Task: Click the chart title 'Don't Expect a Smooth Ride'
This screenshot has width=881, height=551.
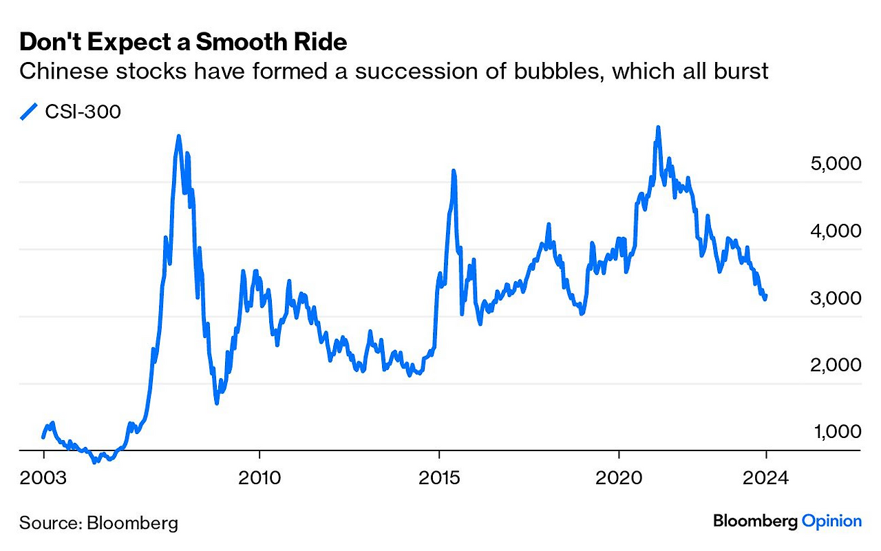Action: [183, 43]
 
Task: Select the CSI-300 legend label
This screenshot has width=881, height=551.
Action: [83, 112]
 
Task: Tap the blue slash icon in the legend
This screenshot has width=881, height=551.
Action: [29, 112]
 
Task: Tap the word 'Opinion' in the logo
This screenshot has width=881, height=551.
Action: [831, 521]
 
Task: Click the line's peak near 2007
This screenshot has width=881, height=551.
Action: [178, 136]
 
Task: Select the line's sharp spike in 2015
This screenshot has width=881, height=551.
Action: [454, 171]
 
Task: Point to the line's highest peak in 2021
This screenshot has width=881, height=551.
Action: [658, 128]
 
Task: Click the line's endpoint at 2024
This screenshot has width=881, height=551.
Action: [765, 297]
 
